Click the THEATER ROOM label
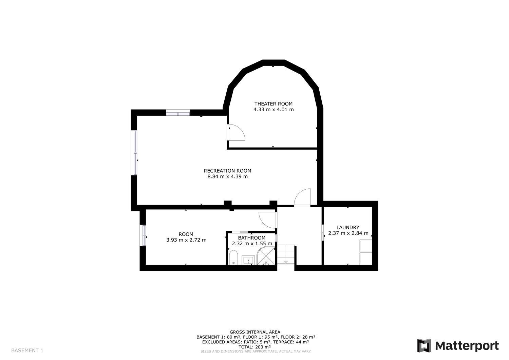click(x=274, y=104)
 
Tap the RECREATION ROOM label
click(x=227, y=171)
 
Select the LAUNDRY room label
click(x=348, y=227)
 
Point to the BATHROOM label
click(x=251, y=238)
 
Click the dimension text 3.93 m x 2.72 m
click(x=186, y=240)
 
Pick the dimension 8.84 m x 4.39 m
click(x=227, y=176)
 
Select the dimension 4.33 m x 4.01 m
click(x=274, y=110)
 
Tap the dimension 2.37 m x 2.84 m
click(x=348, y=233)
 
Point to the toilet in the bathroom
click(x=233, y=257)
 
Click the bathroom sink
click(x=249, y=260)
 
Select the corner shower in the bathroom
click(x=266, y=256)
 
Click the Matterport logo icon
click(x=424, y=346)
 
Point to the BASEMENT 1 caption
click(x=27, y=350)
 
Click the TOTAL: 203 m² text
click(x=255, y=347)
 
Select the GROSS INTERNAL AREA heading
click(x=255, y=332)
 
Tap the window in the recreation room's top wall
click(x=178, y=113)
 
